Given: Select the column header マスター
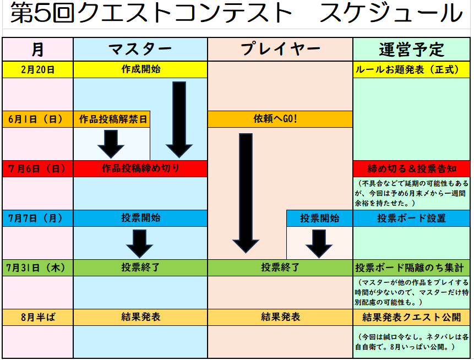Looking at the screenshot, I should click(140, 50).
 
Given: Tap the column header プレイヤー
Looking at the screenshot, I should click(280, 50).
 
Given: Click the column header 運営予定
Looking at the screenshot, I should click(411, 50).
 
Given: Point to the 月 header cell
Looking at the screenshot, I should click(37, 50).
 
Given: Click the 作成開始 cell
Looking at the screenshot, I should click(140, 69).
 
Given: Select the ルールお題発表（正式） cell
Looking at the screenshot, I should click(411, 69).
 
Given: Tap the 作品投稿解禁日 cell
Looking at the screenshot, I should click(112, 119).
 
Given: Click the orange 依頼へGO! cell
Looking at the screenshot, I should click(280, 119).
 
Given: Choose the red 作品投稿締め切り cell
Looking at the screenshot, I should click(140, 168).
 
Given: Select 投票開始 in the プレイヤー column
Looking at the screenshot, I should click(319, 218).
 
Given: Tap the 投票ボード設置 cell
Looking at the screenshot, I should click(411, 218).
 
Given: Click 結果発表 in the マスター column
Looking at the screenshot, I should click(140, 317).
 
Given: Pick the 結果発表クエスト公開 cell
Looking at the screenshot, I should click(411, 317).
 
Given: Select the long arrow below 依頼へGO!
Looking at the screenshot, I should click(246, 193).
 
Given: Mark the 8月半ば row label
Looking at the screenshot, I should click(37, 317).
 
